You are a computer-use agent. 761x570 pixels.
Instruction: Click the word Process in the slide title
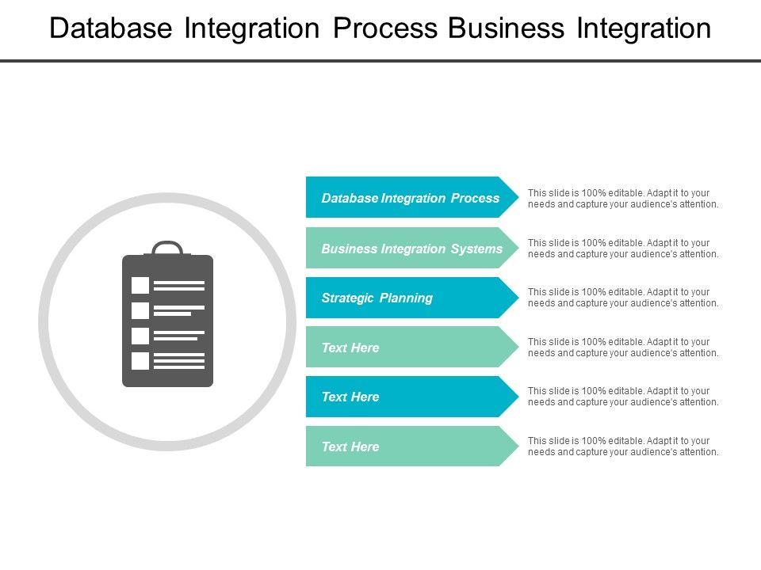pos(385,28)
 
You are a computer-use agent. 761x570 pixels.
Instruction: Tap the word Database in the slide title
pos(111,28)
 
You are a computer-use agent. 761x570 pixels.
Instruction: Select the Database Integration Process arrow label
pos(410,198)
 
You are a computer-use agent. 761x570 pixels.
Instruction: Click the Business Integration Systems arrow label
pos(411,249)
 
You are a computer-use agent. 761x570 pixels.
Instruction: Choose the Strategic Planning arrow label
pos(377,298)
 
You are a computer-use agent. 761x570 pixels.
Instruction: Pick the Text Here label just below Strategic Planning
pos(350,348)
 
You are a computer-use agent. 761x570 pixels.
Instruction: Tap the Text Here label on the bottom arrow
pos(350,446)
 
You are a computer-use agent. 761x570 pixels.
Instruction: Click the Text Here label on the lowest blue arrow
pos(350,397)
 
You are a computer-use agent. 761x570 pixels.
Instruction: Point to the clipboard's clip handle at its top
pos(167,248)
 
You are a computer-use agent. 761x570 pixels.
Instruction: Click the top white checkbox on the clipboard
pos(140,286)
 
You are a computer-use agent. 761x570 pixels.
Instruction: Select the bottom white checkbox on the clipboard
pos(140,361)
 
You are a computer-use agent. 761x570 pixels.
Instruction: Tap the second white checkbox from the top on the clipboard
pos(140,310)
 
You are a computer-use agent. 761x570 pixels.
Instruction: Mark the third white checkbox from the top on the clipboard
pos(140,336)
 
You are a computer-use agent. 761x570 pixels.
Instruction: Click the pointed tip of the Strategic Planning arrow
pos(518,298)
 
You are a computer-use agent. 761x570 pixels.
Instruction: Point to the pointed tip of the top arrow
pos(518,197)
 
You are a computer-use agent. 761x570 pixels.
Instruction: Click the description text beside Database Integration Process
pos(623,198)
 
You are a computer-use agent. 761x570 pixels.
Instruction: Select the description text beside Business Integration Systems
pos(623,248)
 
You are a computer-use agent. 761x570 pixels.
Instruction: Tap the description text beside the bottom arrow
pos(623,446)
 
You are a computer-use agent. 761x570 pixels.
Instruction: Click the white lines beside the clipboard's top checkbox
pos(179,286)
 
